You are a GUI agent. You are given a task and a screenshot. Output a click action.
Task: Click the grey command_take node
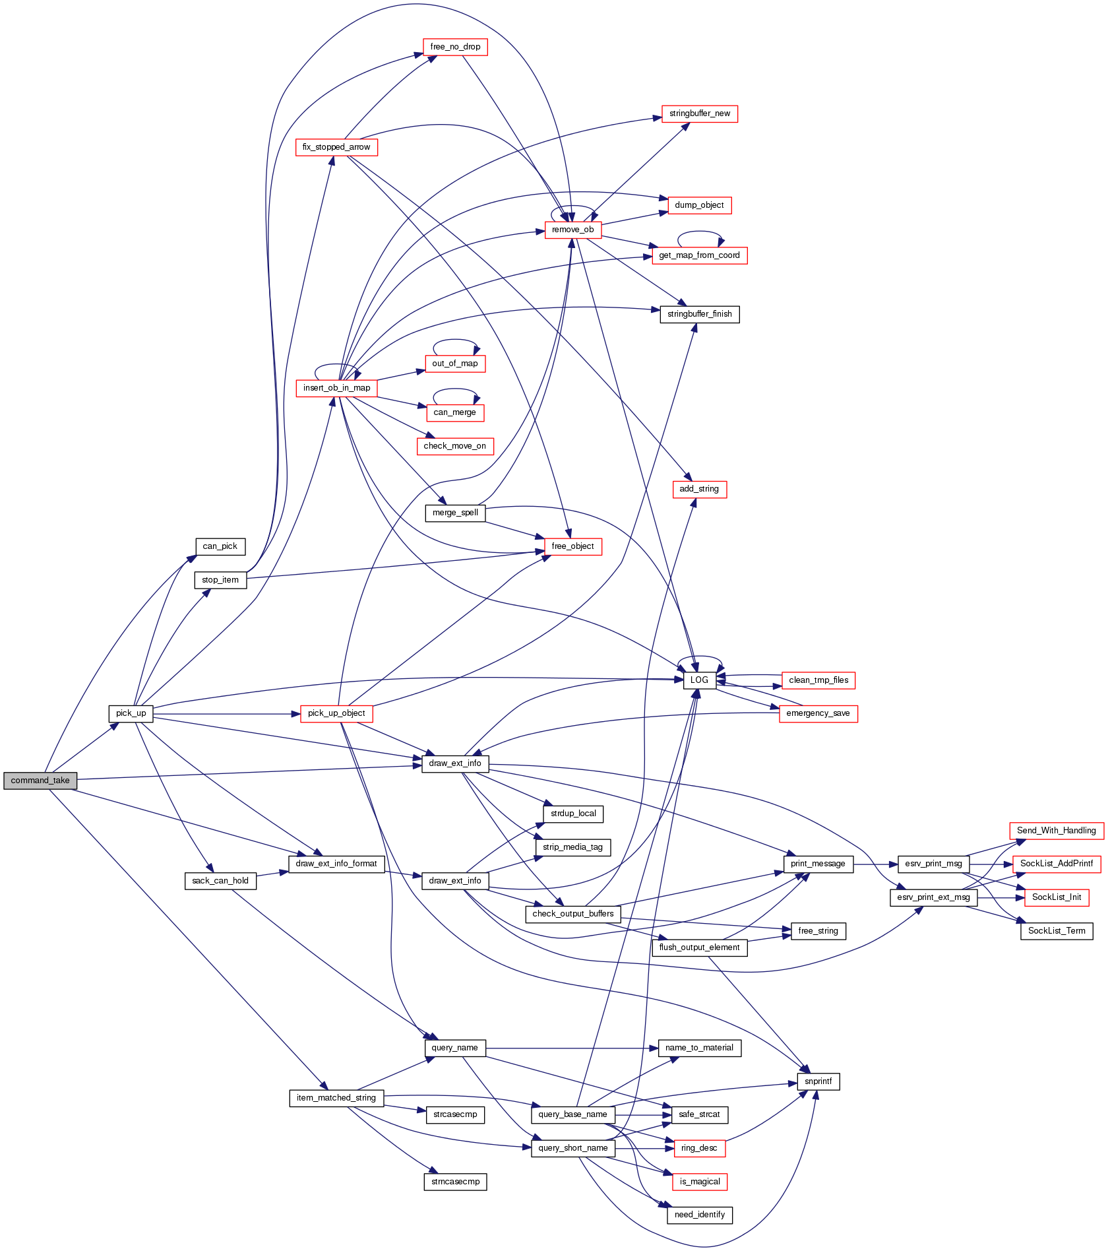[x=40, y=781]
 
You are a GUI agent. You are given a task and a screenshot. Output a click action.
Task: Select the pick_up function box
[x=131, y=713]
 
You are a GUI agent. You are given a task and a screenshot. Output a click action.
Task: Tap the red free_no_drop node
[x=455, y=47]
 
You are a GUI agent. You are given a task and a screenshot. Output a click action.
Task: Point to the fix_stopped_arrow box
[x=336, y=147]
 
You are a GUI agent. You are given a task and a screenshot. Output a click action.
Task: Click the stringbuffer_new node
[x=700, y=113]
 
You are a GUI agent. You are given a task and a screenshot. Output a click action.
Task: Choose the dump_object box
[x=699, y=205]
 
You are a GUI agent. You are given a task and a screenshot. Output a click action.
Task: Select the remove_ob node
[x=572, y=230]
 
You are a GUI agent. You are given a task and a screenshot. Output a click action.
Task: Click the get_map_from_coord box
[x=699, y=255]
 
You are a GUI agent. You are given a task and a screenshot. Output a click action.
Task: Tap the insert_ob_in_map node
[x=336, y=388]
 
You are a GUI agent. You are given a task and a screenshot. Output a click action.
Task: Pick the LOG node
[x=699, y=680]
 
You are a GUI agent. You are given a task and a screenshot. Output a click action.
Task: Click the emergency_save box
[x=818, y=713]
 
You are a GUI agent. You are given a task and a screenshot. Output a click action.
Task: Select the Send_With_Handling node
[x=1056, y=831]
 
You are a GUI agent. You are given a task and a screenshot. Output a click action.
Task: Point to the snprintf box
[x=818, y=1081]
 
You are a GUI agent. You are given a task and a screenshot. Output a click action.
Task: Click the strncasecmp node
[x=455, y=1182]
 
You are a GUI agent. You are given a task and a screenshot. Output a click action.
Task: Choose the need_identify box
[x=699, y=1215]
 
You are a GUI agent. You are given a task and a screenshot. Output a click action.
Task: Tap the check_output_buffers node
[x=572, y=914]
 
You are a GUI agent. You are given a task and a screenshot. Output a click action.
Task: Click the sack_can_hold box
[x=220, y=881]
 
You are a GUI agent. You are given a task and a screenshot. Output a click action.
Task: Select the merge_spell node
[x=455, y=513]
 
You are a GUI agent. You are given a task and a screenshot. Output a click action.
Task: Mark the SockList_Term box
[x=1057, y=931]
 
